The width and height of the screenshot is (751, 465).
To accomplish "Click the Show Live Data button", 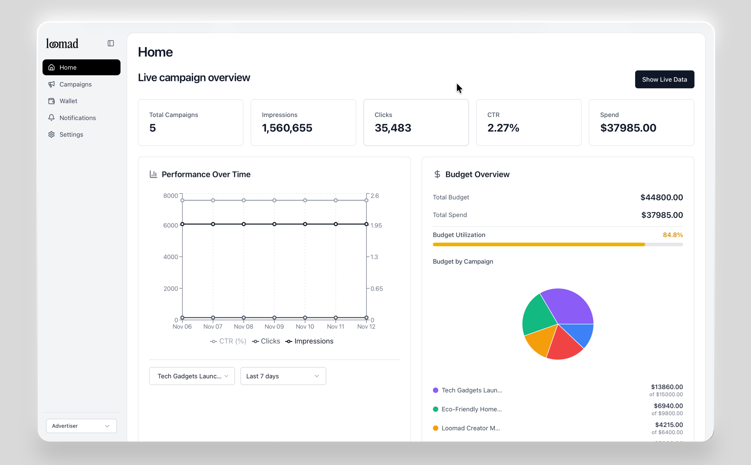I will click(x=664, y=79).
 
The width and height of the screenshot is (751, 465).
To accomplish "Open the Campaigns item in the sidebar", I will click(x=75, y=84).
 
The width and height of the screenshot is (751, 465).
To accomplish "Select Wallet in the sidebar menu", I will click(x=68, y=101).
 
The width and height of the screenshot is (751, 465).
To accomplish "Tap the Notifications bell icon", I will click(x=51, y=118).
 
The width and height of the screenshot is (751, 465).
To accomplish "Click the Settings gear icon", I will click(x=51, y=134).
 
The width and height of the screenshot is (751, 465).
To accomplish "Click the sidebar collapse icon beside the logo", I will click(x=111, y=43).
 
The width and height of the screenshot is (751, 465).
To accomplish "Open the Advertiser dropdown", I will click(x=81, y=426).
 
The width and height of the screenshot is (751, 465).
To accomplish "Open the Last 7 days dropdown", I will click(x=283, y=376).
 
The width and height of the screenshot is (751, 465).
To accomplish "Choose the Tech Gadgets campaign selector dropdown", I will click(x=192, y=376).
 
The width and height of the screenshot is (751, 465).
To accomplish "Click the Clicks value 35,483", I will click(x=393, y=128).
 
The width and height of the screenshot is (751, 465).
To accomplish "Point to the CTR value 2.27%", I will click(x=503, y=128).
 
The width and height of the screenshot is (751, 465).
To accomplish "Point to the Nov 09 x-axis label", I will click(x=274, y=327).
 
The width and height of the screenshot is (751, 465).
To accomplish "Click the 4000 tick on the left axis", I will click(x=171, y=257).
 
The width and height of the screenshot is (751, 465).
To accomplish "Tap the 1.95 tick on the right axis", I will click(x=376, y=226).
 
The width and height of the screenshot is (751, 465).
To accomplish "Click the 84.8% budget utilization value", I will click(x=672, y=235).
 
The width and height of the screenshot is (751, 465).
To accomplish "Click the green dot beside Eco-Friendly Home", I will click(x=435, y=409).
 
